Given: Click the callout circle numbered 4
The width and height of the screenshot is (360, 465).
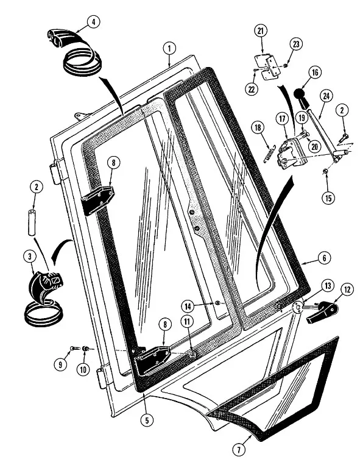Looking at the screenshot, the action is tap(94, 22).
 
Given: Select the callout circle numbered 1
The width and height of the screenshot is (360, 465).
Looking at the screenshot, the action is tap(169, 49).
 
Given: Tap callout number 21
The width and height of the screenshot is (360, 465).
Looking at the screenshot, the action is tap(261, 31).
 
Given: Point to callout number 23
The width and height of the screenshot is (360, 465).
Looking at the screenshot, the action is tap(296, 44).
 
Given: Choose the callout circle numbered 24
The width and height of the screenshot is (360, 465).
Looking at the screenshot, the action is tap(326, 96).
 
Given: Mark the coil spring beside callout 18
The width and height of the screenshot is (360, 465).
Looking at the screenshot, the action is tap(269, 154).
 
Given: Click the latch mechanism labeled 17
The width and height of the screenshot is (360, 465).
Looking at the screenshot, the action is tap(292, 154).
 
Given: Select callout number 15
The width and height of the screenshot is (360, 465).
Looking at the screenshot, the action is tap(328, 197).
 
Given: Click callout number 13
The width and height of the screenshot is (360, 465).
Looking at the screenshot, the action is tap(328, 286).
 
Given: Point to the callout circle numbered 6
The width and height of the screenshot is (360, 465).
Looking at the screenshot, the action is tap(324, 258).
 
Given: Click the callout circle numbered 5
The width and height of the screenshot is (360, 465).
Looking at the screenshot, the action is tap(147, 420).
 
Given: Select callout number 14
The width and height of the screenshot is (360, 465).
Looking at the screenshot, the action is tap(188, 307).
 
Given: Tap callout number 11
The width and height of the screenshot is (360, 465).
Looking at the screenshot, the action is tap(186, 322).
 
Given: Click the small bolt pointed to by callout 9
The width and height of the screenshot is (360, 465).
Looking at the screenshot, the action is tap(74, 347).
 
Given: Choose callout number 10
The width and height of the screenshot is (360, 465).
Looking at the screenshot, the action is tap(83, 369).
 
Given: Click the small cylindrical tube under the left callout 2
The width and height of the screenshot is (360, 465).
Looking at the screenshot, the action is tap(32, 222).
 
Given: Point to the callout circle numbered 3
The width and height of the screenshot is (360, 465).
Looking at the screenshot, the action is tap(30, 257).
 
